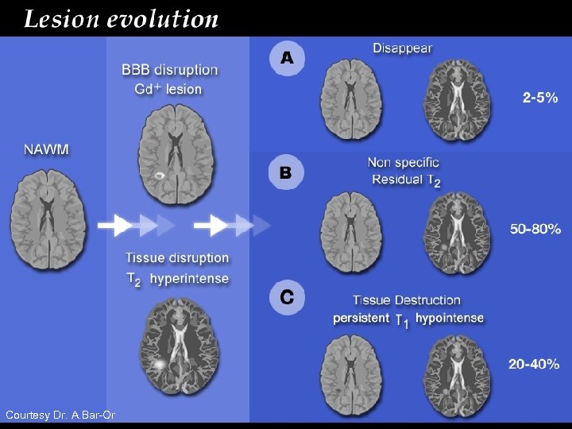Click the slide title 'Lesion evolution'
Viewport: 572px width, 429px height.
pyautogui.click(x=121, y=18)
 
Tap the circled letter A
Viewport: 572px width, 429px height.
pyautogui.click(x=286, y=57)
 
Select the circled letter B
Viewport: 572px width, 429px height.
pyautogui.click(x=286, y=171)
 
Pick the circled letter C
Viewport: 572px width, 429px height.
pyautogui.click(x=286, y=297)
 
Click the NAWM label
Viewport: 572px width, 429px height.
pyautogui.click(x=45, y=149)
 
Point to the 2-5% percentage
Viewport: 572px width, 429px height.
pyautogui.click(x=540, y=98)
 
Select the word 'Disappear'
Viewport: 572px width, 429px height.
pyautogui.click(x=402, y=48)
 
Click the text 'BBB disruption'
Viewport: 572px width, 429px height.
pyautogui.click(x=170, y=69)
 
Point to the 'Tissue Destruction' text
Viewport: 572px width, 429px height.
pyautogui.click(x=406, y=300)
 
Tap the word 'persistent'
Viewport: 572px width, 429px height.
pyautogui.click(x=361, y=318)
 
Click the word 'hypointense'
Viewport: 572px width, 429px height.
pyautogui.click(x=449, y=318)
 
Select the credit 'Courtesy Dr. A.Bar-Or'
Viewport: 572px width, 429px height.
pyautogui.click(x=55, y=415)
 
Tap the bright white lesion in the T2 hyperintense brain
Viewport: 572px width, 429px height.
pyautogui.click(x=160, y=364)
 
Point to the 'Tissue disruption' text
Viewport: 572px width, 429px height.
pyautogui.click(x=177, y=258)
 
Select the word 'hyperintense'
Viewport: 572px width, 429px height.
pyautogui.click(x=189, y=278)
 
